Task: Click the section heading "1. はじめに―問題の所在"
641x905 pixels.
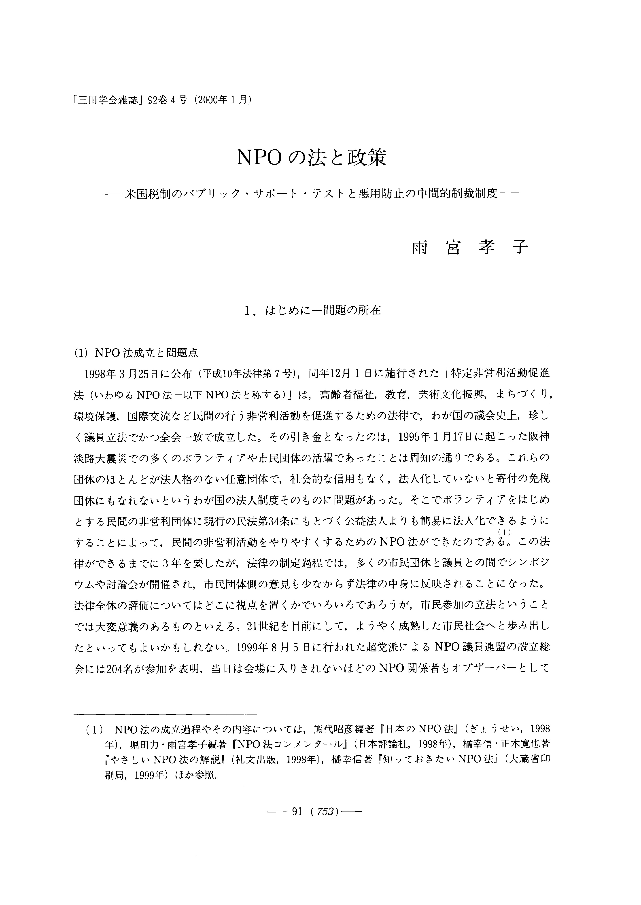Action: point(313,311)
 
